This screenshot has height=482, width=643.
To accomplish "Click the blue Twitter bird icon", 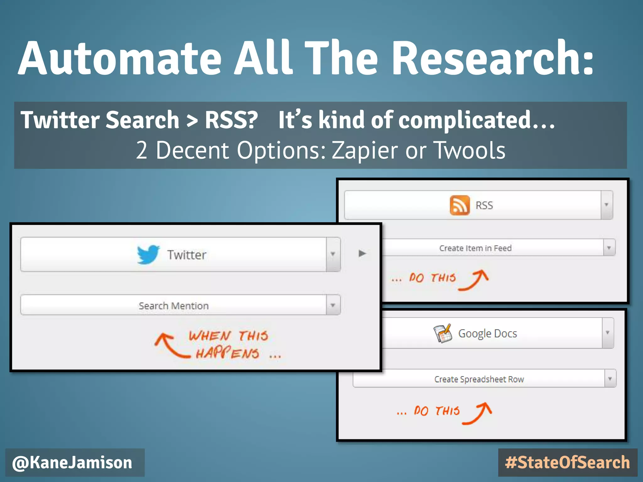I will point(148,254).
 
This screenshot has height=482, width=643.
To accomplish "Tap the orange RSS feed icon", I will point(460,205).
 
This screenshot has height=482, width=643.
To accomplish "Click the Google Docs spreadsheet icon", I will point(443,333).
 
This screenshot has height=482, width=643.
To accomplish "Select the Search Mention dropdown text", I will point(174,306).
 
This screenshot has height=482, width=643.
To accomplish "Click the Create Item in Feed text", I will point(475,248).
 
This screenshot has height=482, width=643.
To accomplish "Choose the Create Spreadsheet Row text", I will point(479,379).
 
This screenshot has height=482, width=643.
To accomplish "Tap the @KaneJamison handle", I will point(72,463).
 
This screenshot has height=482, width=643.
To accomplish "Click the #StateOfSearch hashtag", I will point(567,463).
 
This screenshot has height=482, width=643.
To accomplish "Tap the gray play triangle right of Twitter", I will point(362,253).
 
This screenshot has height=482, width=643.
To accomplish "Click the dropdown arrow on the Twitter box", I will point(333,254).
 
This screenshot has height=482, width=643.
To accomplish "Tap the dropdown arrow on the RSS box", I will point(607,205).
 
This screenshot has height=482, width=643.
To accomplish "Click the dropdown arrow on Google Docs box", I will point(608,333).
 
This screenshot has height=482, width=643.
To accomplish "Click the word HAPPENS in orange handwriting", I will point(228,354).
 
